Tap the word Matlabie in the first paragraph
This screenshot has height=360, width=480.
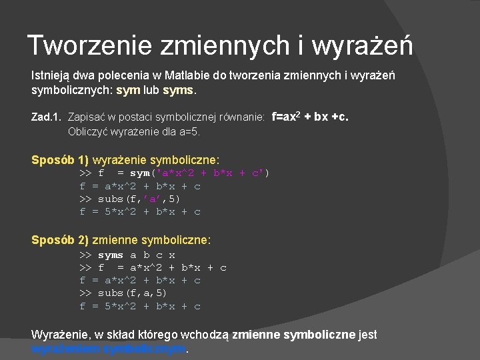tap(199, 75)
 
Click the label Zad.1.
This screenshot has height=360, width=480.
tap(47, 117)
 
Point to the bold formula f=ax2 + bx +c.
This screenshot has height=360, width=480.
tap(310, 117)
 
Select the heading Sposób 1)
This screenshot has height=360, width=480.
tap(60, 160)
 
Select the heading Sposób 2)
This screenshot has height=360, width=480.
tap(60, 239)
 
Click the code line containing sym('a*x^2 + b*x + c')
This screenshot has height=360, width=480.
tap(175, 173)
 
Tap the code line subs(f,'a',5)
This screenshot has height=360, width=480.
tap(130, 199)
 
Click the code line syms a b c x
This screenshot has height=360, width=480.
tap(127, 255)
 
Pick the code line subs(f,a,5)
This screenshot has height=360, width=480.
tap(123, 293)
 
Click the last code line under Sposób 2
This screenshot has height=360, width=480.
tap(140, 306)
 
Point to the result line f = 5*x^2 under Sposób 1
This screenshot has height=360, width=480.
tap(140, 211)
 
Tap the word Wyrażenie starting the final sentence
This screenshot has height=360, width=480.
tap(60, 335)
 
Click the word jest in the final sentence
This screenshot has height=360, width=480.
tap(367, 335)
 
